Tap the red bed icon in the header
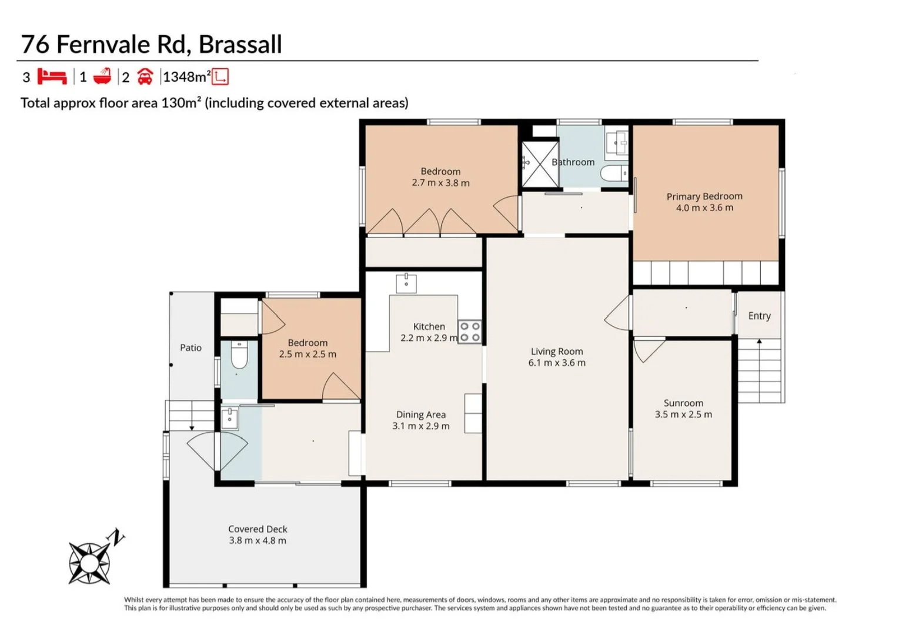tap(52, 77)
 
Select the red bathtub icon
tap(102, 77)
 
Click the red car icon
tap(145, 77)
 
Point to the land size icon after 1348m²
tap(220, 77)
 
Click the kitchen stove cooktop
tap(469, 332)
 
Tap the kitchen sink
tap(406, 283)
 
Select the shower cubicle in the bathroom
tap(540, 163)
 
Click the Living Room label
tap(557, 352)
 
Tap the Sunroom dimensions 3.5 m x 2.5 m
tap(683, 415)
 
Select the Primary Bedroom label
tap(704, 196)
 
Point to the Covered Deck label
tap(258, 529)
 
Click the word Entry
tap(759, 316)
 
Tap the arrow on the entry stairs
tap(759, 342)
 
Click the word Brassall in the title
tap(240, 45)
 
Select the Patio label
tap(191, 347)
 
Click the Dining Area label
tap(420, 415)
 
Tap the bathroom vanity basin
tap(616, 142)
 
